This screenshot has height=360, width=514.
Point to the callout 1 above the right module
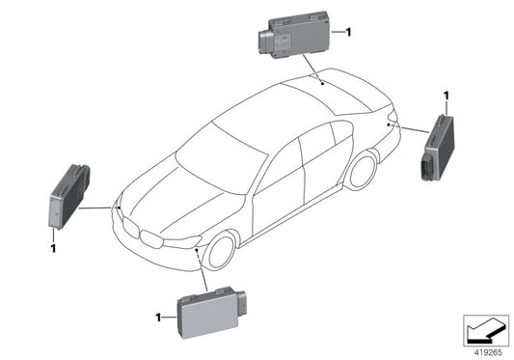coord(446,96)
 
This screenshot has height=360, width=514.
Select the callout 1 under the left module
coord(53,248)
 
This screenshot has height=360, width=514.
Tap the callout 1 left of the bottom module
coord(157,316)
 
